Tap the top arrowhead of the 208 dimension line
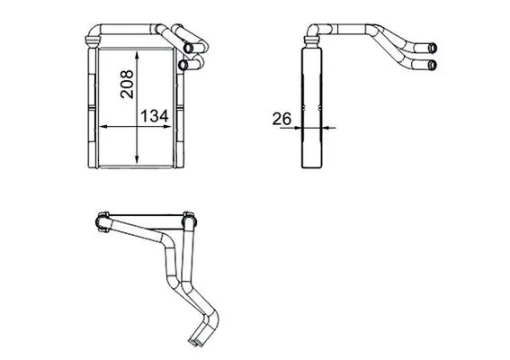point(137,54)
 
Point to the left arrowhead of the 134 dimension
point(100,129)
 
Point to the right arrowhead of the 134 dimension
point(174,129)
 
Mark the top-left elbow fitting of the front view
point(94,37)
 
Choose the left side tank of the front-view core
point(92,108)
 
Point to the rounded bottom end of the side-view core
point(311,165)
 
